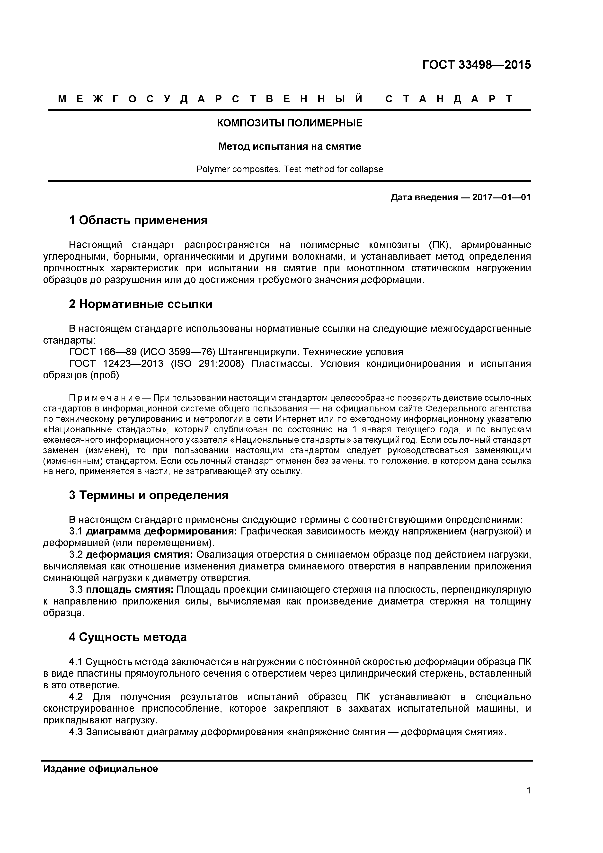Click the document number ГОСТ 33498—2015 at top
(x=476, y=65)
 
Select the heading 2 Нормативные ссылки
(x=141, y=304)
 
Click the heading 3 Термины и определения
(x=149, y=495)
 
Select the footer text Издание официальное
(x=100, y=769)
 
